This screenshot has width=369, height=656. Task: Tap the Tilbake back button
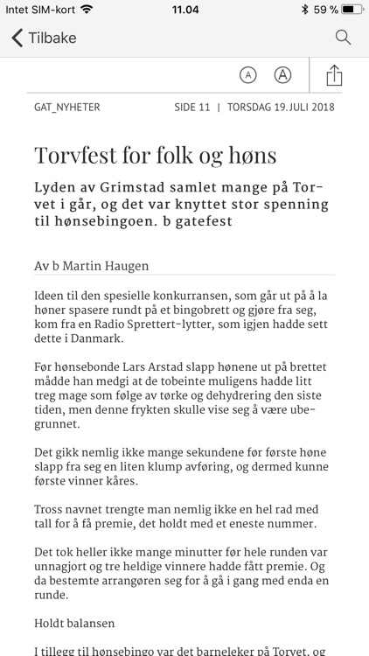pyautogui.click(x=44, y=38)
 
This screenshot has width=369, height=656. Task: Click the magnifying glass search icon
pyautogui.click(x=343, y=38)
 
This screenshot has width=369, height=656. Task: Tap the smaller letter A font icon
pyautogui.click(x=248, y=75)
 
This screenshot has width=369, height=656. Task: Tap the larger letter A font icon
pyautogui.click(x=282, y=75)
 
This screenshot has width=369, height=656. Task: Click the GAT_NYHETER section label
pyautogui.click(x=67, y=108)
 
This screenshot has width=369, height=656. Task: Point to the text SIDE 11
pyautogui.click(x=192, y=108)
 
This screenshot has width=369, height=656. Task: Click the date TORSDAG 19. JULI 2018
pyautogui.click(x=282, y=108)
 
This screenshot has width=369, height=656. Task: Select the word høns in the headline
pyautogui.click(x=251, y=156)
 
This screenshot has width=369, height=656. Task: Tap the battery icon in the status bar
pyautogui.click(x=352, y=10)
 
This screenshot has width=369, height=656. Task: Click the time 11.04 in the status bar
pyautogui.click(x=184, y=10)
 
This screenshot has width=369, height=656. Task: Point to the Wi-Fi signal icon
pyautogui.click(x=86, y=10)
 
